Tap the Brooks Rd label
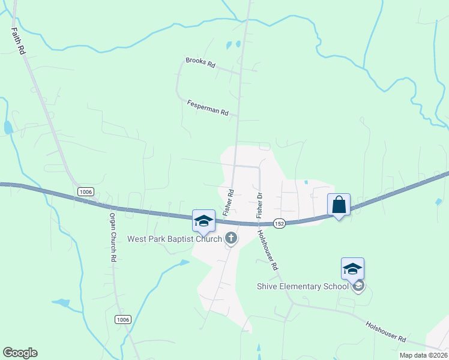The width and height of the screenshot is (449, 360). point(200,62)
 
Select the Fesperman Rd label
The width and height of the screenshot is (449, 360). point(208,107)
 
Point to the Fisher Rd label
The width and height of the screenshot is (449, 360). point(228,201)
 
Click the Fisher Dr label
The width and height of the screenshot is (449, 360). point(260,205)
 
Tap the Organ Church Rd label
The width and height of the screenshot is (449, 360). point(112,236)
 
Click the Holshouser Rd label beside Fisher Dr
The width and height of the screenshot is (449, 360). point(268,250)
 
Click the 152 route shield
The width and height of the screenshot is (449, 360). point(279,223)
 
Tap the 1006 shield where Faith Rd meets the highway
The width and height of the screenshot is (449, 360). point(85,191)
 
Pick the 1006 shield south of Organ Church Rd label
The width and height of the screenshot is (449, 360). point(123,320)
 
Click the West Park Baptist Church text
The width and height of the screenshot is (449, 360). point(174,239)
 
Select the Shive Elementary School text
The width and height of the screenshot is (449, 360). point(303,286)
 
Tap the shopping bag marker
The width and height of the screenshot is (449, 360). point(339,205)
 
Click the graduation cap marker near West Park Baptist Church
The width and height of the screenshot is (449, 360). point(203,221)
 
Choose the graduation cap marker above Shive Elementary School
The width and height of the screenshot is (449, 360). point(352,269)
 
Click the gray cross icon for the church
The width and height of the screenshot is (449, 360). point(231,238)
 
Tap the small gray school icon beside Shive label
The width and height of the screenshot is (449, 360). point(358,286)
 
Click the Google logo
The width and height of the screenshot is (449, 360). point(20,353)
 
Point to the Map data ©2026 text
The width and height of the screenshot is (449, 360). point(423,355)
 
